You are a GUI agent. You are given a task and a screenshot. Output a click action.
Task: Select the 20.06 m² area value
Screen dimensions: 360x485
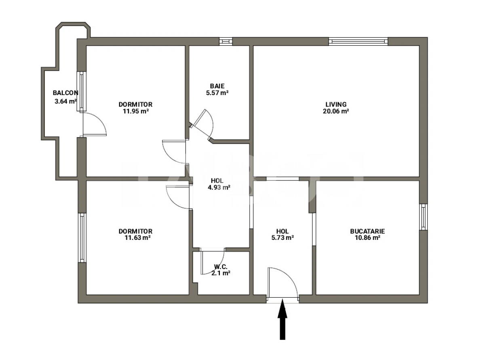tap(336, 111)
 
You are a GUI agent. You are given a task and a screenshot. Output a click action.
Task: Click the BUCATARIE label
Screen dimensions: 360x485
tap(367, 231)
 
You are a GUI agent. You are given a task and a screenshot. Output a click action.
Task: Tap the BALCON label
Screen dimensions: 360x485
tap(65, 93)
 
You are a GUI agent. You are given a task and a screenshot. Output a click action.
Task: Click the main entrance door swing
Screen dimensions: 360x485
tap(283, 283)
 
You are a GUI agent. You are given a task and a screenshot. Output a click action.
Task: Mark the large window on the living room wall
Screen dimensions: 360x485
tap(358, 41)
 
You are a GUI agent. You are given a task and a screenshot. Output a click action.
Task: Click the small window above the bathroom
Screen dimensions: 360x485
tap(226, 41)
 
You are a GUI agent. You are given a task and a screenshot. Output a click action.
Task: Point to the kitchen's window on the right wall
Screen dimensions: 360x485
tap(423, 216)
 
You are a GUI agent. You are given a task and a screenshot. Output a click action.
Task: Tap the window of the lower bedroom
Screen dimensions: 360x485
tap(82, 237)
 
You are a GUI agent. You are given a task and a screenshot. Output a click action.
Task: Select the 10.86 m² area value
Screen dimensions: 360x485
tap(367, 238)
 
